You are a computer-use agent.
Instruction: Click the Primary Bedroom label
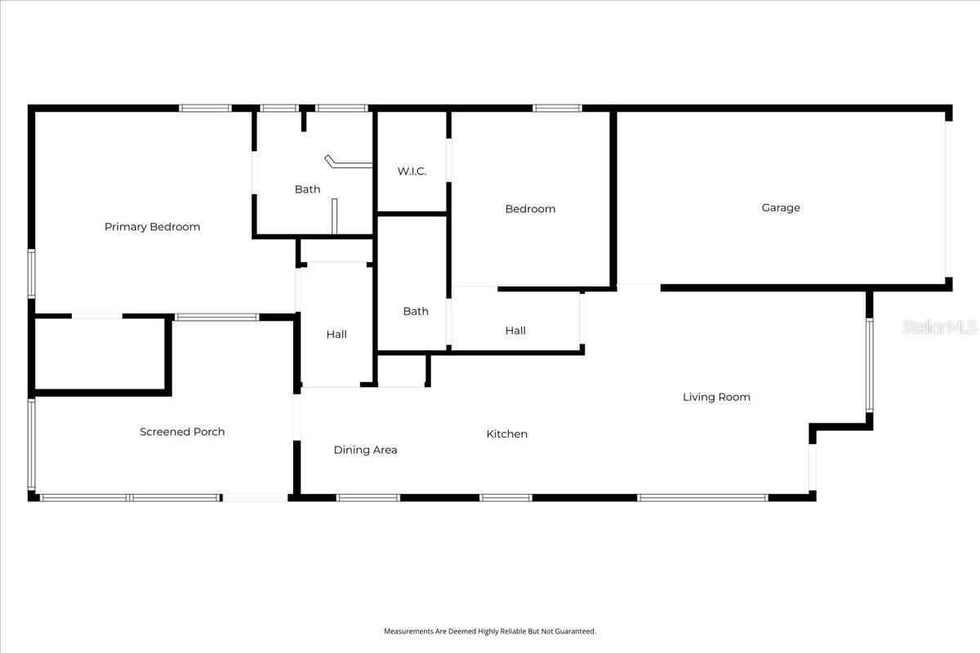pyautogui.click(x=152, y=227)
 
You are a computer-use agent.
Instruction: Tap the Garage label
pyautogui.click(x=781, y=207)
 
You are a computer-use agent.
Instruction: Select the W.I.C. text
pyautogui.click(x=412, y=171)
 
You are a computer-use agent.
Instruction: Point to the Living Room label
pyautogui.click(x=716, y=397)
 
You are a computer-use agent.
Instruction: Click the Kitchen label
pyautogui.click(x=507, y=433)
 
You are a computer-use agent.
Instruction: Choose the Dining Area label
pyautogui.click(x=365, y=450)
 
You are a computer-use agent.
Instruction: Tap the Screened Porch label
pyautogui.click(x=182, y=432)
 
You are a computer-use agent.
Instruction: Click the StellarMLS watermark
pyautogui.click(x=939, y=327)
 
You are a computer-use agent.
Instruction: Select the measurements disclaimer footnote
pyautogui.click(x=490, y=631)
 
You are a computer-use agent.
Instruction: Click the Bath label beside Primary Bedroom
pyautogui.click(x=307, y=189)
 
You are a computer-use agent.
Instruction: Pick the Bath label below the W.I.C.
pyautogui.click(x=416, y=311)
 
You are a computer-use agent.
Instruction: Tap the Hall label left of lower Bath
pyautogui.click(x=336, y=334)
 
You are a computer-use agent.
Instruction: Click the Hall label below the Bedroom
pyautogui.click(x=515, y=331)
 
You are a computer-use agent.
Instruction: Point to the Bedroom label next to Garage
pyautogui.click(x=530, y=209)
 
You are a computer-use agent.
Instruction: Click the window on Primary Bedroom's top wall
pyautogui.click(x=206, y=108)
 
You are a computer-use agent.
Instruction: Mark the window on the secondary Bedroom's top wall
pyautogui.click(x=558, y=108)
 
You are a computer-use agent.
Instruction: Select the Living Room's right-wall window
pyautogui.click(x=870, y=364)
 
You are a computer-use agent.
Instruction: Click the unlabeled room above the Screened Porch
pyautogui.click(x=100, y=354)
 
